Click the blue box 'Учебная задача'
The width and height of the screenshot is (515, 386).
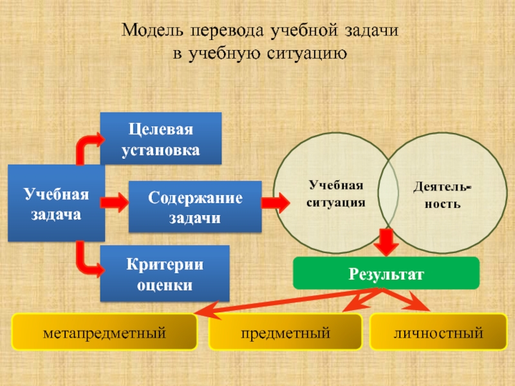(x=56, y=203)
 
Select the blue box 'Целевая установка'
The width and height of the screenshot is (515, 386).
(x=160, y=138)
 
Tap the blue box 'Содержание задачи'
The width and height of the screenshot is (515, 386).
(x=196, y=207)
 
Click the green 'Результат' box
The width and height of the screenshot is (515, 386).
(x=386, y=273)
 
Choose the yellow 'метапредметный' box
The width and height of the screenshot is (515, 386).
(x=104, y=333)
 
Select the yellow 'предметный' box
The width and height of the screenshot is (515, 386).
(x=285, y=333)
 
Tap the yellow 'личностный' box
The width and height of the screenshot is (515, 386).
(x=439, y=333)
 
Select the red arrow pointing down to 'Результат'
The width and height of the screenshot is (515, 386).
(x=388, y=243)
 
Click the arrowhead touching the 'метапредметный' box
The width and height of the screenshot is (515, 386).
(x=204, y=312)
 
